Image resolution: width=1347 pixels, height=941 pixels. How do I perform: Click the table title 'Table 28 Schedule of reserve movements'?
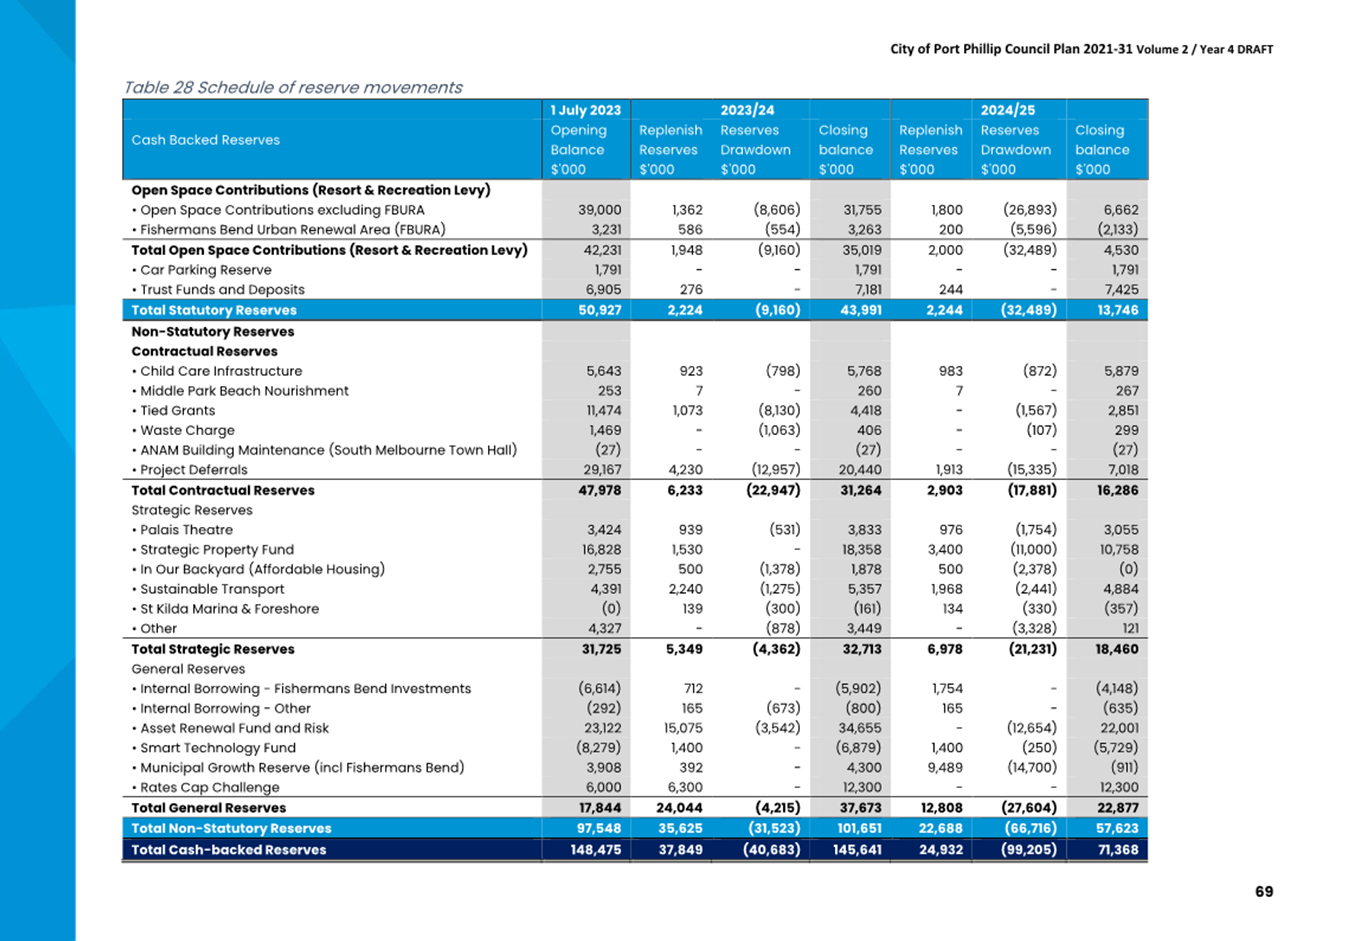[x=293, y=88]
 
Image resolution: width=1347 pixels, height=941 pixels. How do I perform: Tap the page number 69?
[x=1263, y=891]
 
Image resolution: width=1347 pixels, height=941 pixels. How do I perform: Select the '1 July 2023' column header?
[x=585, y=110]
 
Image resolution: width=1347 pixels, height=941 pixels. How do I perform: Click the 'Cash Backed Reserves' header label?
[x=206, y=140]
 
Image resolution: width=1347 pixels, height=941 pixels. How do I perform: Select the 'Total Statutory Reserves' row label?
[x=214, y=310]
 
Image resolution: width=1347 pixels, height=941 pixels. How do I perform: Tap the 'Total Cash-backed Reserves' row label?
[x=229, y=850]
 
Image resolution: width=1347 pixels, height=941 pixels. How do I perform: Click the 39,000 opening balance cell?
[x=600, y=210]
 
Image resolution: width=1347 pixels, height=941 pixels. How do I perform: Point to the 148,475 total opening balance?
[x=595, y=850]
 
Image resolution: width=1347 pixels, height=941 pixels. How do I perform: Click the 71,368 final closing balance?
[x=1118, y=850]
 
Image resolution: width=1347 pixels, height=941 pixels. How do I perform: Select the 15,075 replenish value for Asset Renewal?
[x=683, y=728]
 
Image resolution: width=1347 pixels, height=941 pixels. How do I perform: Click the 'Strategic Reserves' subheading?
[x=192, y=510]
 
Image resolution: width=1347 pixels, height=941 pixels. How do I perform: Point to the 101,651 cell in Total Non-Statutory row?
[x=859, y=829]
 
